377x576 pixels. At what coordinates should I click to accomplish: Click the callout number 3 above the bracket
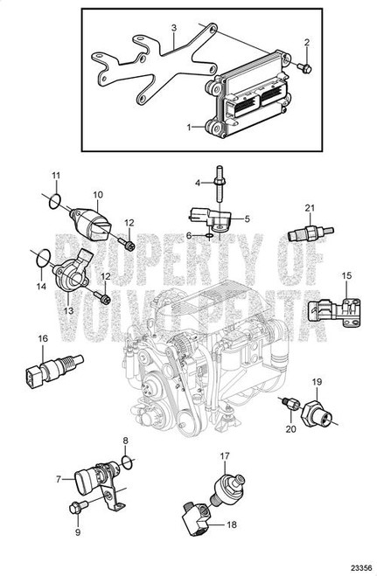click(174, 28)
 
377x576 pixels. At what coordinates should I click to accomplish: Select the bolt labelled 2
click(304, 68)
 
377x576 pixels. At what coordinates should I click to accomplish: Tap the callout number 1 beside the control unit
click(189, 128)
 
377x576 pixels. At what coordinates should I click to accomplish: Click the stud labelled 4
click(219, 184)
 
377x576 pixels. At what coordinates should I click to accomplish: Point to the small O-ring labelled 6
click(209, 235)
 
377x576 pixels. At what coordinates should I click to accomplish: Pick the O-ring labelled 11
click(54, 201)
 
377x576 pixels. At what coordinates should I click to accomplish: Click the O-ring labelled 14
click(43, 258)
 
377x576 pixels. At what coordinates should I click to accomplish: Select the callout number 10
click(98, 194)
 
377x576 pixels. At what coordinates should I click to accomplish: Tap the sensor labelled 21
click(311, 233)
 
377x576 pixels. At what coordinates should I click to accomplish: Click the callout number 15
click(346, 275)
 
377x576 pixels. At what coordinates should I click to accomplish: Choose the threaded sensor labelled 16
click(55, 367)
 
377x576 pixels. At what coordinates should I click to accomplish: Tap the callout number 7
click(59, 479)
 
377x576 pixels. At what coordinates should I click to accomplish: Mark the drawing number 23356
click(361, 567)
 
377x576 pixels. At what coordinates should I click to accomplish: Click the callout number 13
click(69, 311)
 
